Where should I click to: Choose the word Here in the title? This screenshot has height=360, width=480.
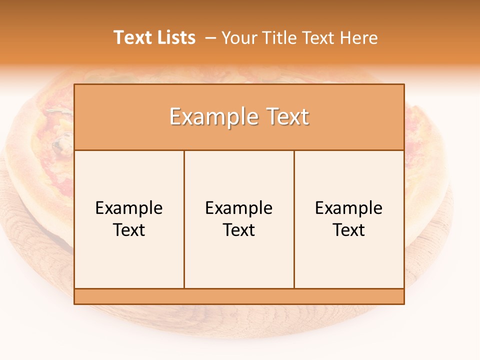(358, 38)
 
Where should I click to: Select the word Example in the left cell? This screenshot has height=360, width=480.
(129, 208)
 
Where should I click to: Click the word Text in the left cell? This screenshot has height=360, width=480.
(129, 230)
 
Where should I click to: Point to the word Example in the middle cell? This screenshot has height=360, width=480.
(239, 208)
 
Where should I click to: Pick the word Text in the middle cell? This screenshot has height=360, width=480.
(239, 230)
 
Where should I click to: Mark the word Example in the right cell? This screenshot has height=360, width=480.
(349, 208)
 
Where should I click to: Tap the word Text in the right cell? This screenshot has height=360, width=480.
(349, 230)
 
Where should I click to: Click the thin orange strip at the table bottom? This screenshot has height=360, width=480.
(239, 296)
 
